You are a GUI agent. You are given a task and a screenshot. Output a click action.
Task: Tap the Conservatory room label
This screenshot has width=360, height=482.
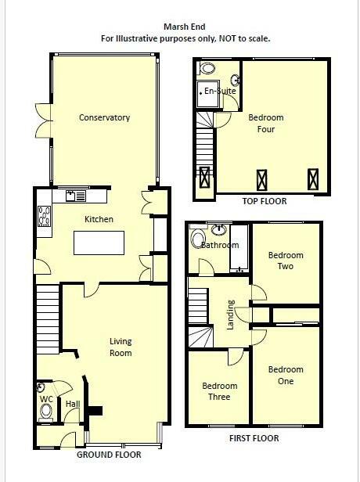[x=104, y=118]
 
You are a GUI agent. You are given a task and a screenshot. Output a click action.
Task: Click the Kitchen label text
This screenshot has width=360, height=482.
[x=99, y=220]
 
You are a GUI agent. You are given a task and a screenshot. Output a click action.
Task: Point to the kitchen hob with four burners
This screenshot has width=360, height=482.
[x=44, y=215]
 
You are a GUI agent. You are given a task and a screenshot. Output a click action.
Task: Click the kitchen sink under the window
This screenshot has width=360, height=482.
[x=76, y=195]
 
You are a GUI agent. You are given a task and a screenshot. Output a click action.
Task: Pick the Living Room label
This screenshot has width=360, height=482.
[x=120, y=347]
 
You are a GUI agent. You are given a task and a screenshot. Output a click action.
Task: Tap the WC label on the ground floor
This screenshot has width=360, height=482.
[x=46, y=397]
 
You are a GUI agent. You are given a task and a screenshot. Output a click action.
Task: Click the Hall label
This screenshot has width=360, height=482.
[x=73, y=405]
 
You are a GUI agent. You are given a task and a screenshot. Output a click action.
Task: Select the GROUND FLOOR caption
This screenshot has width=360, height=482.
[x=109, y=455]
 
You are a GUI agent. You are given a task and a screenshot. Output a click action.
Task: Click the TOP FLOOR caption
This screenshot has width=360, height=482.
[x=260, y=201]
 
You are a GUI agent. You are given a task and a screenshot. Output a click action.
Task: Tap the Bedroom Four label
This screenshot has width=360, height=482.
[x=266, y=124]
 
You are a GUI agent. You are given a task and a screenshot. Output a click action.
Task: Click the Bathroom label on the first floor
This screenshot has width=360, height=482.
[x=220, y=245]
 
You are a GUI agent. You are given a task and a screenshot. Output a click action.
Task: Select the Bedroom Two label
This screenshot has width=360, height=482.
[x=286, y=261]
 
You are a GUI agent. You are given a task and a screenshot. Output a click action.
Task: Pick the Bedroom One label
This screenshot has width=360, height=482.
[x=285, y=375]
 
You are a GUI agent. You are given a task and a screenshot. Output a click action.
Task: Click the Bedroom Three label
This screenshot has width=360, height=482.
[x=219, y=391]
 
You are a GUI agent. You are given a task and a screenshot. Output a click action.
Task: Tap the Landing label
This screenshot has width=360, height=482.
[x=231, y=314]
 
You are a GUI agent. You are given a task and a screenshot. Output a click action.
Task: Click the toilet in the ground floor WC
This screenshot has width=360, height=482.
[x=46, y=410]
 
